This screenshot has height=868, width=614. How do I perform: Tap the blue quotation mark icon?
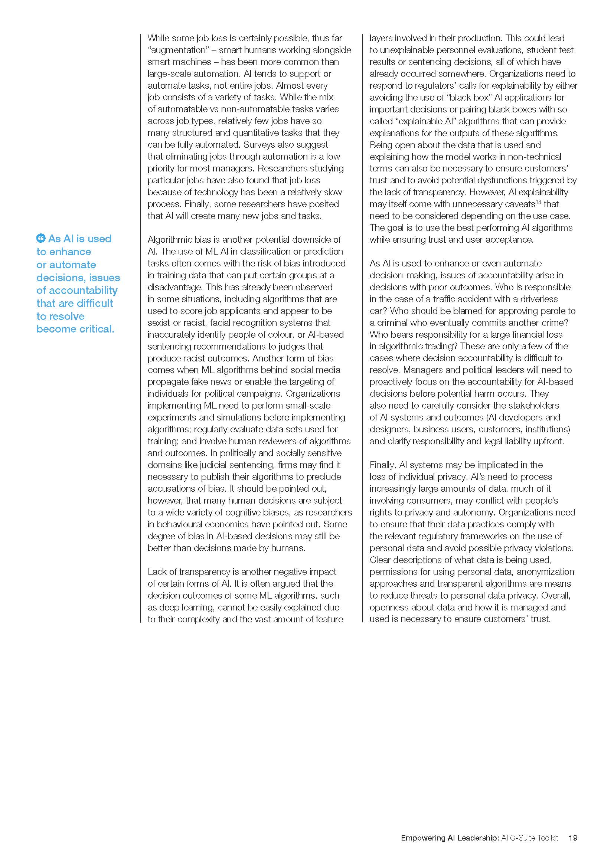pos(41,238)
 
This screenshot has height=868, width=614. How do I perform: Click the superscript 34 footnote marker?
pos(538,202)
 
